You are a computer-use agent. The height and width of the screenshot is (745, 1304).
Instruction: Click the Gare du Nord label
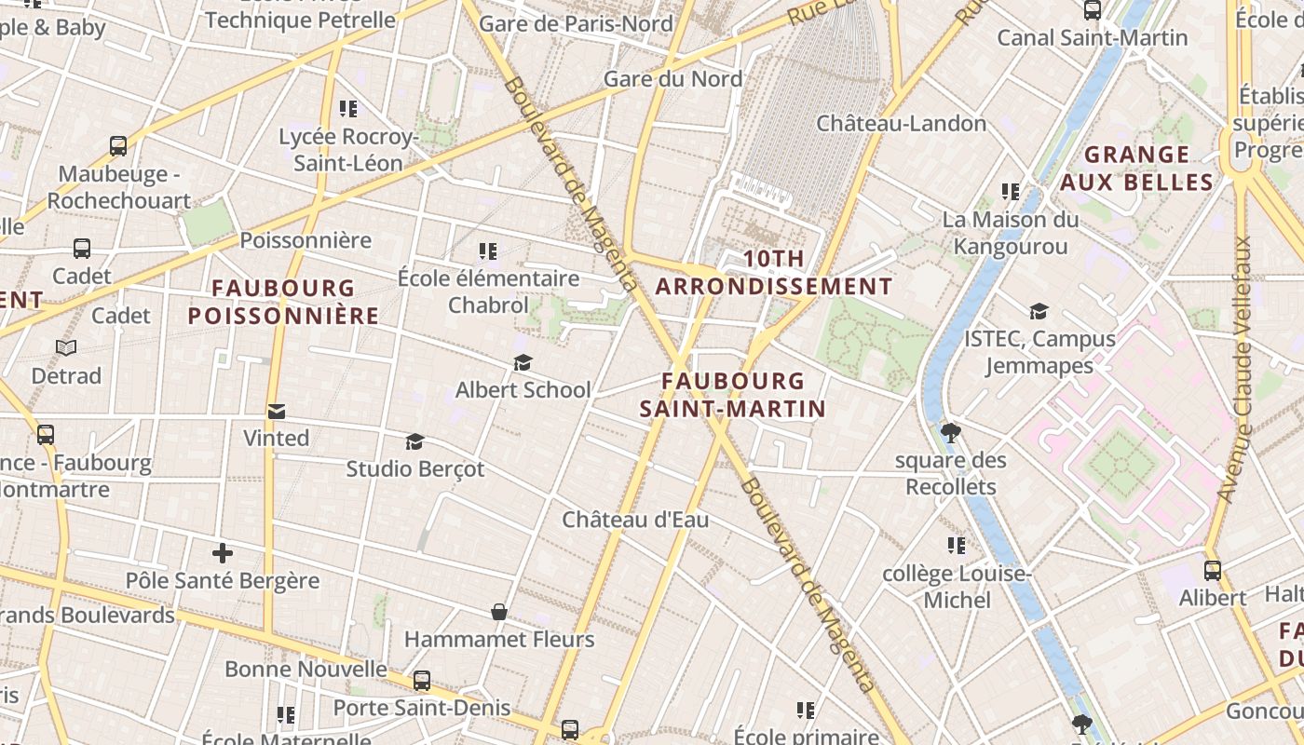(672, 79)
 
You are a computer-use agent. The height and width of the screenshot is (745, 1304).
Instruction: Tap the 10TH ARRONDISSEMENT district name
(773, 273)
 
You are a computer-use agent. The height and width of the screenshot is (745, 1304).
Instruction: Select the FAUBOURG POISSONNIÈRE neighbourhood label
(283, 302)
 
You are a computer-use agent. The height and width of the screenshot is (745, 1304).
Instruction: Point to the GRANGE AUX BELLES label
(1137, 168)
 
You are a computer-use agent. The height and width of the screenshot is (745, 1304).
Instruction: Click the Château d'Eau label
(635, 520)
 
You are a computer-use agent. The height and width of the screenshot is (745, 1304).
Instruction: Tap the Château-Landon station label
(901, 123)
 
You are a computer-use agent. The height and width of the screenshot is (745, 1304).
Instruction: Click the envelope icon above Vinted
(277, 412)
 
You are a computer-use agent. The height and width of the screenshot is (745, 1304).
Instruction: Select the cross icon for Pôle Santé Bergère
(223, 554)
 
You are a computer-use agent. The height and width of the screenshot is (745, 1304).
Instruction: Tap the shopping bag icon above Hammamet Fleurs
(499, 612)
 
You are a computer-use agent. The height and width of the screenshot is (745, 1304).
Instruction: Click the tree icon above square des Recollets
(951, 433)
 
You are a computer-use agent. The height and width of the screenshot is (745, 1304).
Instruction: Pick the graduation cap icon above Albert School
(523, 362)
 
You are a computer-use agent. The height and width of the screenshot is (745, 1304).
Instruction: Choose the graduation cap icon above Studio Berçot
(415, 441)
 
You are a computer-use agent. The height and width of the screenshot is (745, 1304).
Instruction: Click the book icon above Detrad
(66, 348)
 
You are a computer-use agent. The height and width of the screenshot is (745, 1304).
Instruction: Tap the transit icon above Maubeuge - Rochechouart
(118, 146)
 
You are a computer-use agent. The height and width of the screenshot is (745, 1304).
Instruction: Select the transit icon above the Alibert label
(1212, 571)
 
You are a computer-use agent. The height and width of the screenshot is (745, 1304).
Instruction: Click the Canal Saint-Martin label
(1093, 37)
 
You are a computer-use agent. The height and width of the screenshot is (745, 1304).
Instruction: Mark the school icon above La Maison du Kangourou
(1011, 192)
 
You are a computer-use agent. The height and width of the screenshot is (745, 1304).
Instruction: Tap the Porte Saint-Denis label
(422, 708)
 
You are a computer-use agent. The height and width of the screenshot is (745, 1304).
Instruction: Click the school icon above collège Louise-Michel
(957, 546)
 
